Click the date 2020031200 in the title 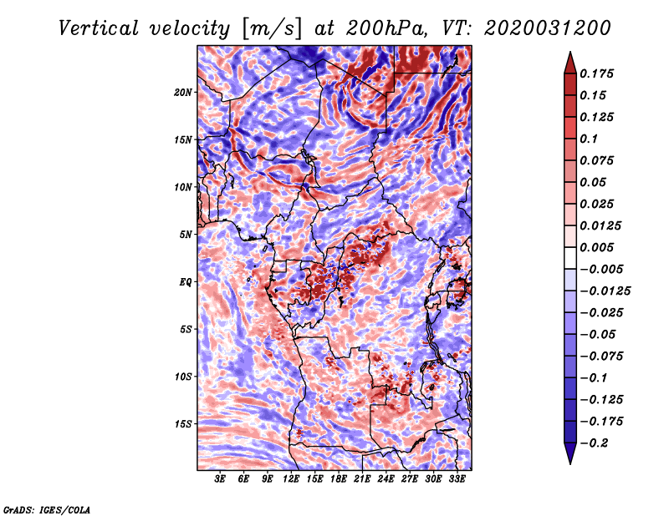541,28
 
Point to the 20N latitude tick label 184,92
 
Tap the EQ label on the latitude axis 186,282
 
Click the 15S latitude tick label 184,424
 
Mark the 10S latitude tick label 184,377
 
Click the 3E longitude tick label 221,479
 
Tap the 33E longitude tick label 457,479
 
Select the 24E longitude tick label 386,479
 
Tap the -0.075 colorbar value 605,356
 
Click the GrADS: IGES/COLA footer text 47,508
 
